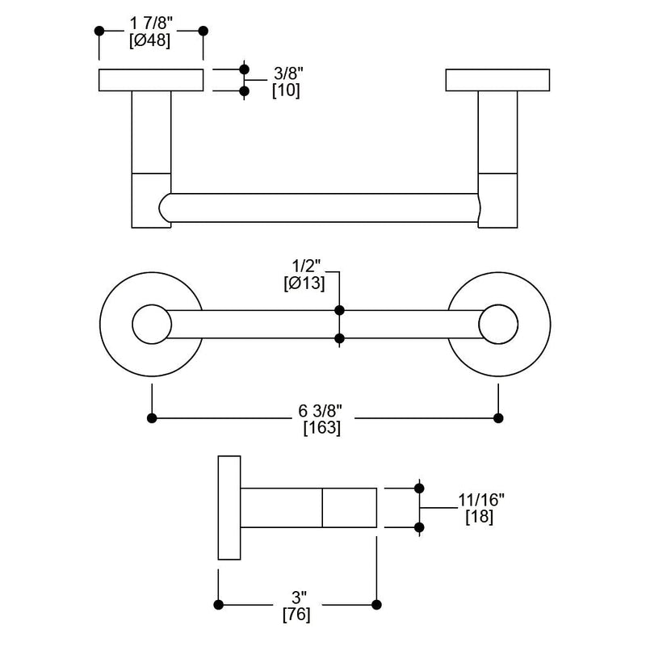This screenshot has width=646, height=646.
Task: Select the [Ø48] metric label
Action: point(149,43)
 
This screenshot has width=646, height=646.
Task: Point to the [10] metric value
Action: point(286,90)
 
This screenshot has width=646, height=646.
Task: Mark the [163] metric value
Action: point(321,429)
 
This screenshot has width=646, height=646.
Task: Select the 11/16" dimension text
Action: point(480,501)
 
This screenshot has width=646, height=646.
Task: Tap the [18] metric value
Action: point(480,517)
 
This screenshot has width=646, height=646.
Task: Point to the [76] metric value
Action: point(296,615)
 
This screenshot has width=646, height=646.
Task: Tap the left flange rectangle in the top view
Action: point(151,80)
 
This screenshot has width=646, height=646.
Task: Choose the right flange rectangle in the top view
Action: point(498,80)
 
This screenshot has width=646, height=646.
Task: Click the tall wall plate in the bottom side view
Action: point(229,508)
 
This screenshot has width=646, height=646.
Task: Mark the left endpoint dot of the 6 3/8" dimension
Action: point(152,417)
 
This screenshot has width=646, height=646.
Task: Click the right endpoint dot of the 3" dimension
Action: point(375,604)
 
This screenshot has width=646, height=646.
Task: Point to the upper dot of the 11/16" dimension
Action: point(419,488)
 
